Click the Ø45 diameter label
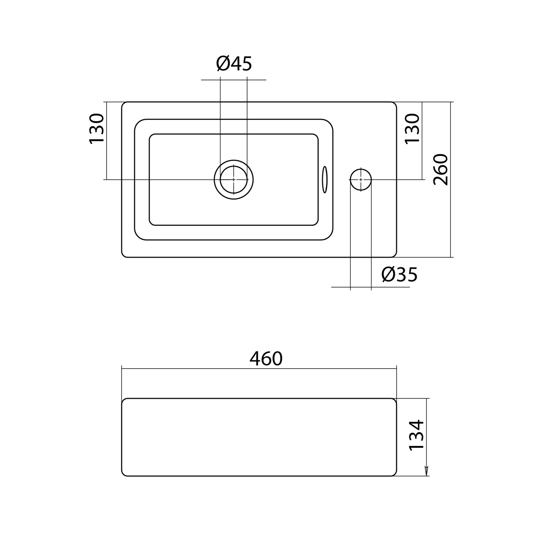point(234,63)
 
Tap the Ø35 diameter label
point(399,274)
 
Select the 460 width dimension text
point(266,359)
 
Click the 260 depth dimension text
point(441,170)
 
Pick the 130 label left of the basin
point(97,129)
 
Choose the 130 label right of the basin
point(412,129)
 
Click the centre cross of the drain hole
point(234,180)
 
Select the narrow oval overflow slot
point(325,180)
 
